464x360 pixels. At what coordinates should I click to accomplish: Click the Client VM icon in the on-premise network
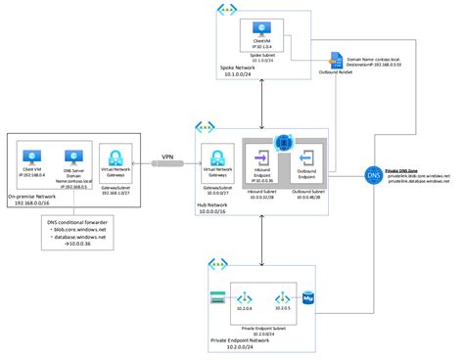click(33, 157)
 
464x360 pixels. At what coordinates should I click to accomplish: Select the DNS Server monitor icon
click(71, 157)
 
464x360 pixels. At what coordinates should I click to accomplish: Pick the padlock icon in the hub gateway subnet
click(216, 158)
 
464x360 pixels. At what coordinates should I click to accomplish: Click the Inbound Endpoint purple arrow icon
click(263, 158)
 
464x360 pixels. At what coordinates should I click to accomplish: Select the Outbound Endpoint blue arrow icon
click(305, 158)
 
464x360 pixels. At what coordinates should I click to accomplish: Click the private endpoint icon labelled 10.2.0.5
click(282, 296)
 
